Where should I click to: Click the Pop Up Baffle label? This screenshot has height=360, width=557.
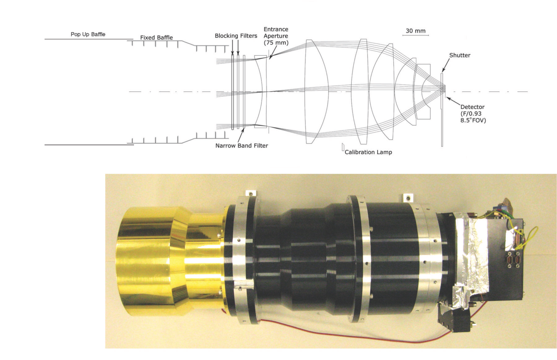click(88, 34)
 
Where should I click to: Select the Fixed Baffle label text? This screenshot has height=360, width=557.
click(156, 38)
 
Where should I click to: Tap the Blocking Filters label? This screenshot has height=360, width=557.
click(236, 36)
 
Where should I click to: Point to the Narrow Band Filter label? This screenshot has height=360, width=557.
click(242, 145)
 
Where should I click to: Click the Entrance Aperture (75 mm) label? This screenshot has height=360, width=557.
click(276, 36)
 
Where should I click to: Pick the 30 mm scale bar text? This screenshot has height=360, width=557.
click(416, 31)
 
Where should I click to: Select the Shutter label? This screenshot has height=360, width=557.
click(460, 55)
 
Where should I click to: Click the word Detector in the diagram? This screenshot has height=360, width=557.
click(472, 107)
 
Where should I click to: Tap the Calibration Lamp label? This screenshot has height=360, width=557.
click(368, 152)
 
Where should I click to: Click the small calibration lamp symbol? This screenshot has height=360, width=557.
click(343, 147)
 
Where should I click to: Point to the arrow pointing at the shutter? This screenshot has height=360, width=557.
click(446, 66)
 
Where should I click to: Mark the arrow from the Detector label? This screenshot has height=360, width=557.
click(454, 102)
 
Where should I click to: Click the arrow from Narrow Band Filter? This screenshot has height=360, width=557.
click(242, 135)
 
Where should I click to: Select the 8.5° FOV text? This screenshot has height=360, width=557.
click(473, 120)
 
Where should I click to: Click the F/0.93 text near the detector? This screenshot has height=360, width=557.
click(471, 114)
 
